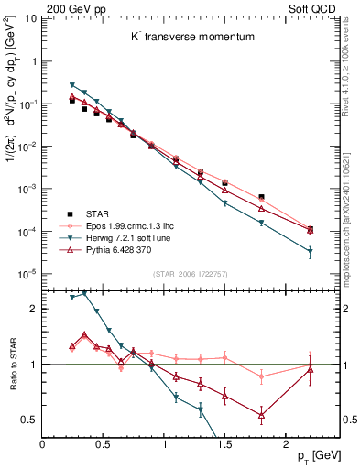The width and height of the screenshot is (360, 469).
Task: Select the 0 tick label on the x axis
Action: (42, 442)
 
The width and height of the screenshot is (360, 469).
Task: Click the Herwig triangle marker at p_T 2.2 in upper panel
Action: (310, 252)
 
